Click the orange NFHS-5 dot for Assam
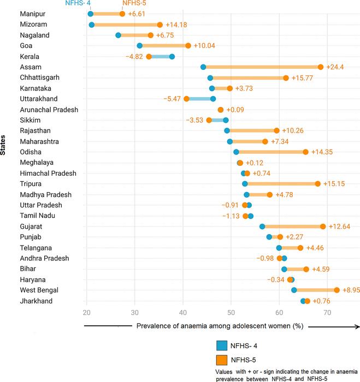coord(321,67)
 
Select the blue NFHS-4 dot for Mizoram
coord(91,25)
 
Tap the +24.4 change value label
coord(335,67)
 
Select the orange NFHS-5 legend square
coord(222,360)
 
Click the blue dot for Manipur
coord(90,14)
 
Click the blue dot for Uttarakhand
coord(213,99)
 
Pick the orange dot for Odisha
coord(305,152)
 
